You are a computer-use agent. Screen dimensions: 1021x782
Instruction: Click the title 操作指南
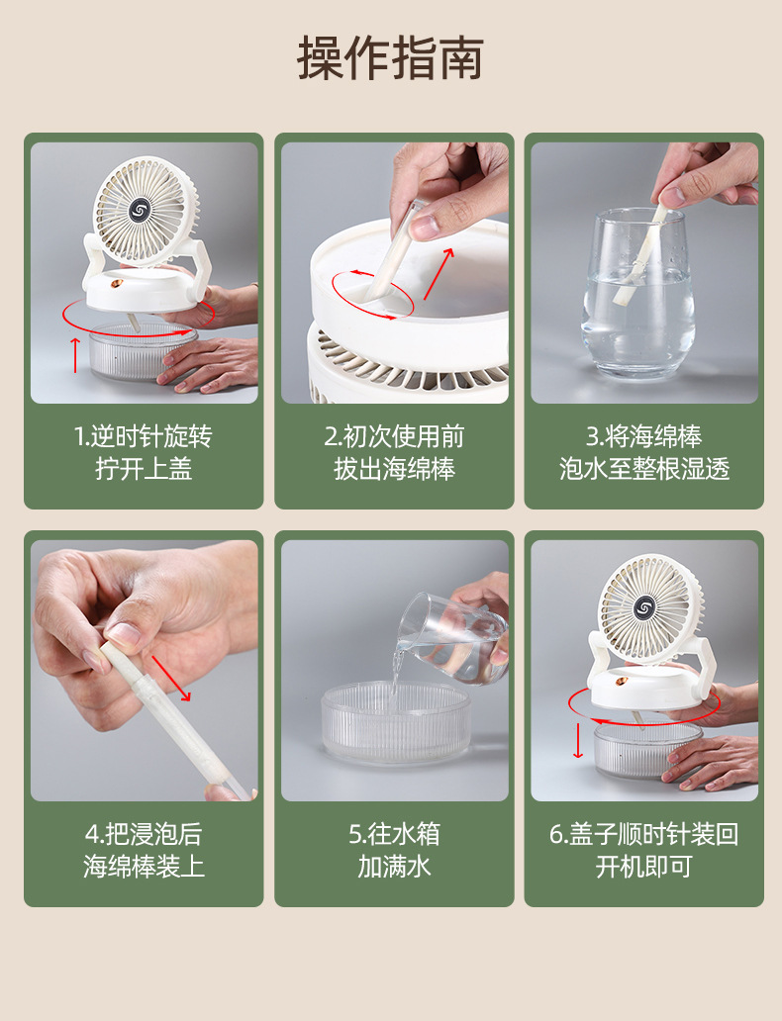pos(390,58)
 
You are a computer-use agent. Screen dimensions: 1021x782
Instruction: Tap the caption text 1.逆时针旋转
pos(144,436)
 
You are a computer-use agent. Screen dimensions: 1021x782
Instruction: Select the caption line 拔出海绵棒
pos(394,469)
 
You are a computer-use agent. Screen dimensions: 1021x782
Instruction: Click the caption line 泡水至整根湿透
pos(643,469)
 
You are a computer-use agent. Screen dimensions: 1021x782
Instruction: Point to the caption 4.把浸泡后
pos(144,834)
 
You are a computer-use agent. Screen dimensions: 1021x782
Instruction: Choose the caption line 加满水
pos(394,867)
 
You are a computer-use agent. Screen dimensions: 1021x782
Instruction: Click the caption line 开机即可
pos(643,867)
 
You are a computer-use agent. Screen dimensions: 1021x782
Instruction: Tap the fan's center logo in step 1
pos(140,210)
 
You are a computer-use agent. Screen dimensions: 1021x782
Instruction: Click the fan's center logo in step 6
pos(645,606)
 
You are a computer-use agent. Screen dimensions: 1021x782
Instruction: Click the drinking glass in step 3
pos(637,297)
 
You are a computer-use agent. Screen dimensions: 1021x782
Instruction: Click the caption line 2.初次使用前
pos(394,436)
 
